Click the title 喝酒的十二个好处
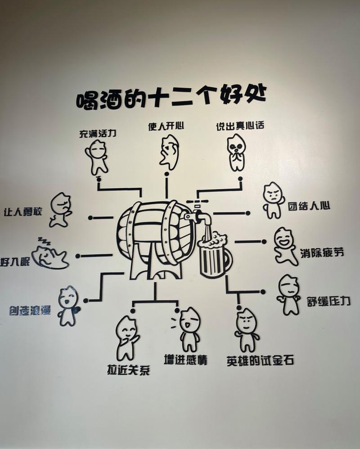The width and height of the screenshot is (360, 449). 171,97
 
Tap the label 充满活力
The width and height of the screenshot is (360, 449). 98,133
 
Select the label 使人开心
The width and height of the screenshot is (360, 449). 166,126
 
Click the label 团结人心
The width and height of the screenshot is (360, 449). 309,206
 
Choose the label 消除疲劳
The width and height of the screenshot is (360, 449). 322,253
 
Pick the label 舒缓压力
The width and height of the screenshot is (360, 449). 328,301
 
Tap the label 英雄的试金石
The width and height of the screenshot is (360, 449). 260,361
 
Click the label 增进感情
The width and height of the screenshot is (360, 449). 185,359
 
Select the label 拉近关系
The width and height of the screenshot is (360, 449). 129,370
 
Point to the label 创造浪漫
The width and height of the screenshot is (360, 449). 30,310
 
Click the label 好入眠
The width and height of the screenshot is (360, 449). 15,261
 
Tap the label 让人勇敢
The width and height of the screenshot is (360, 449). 23,212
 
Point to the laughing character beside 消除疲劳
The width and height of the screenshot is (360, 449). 285,246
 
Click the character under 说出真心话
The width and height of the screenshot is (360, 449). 237,152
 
